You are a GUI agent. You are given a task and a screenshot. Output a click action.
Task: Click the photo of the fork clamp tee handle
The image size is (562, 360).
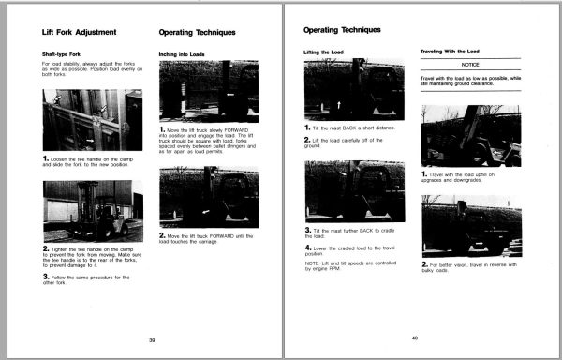(x=93, y=120)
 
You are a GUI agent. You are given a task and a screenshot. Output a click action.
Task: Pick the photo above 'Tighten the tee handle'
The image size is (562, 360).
(x=93, y=210)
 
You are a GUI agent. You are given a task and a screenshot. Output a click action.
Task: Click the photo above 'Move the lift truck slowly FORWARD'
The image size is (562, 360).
(x=209, y=92)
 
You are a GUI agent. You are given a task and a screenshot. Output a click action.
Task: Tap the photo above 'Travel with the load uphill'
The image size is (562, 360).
(x=471, y=134)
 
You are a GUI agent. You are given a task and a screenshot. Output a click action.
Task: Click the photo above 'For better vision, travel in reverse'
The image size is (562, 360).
(x=471, y=225)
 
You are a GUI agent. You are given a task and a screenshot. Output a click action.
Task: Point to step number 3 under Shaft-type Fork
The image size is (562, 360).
(x=47, y=277)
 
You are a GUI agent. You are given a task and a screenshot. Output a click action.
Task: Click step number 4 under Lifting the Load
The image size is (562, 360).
(x=308, y=247)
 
